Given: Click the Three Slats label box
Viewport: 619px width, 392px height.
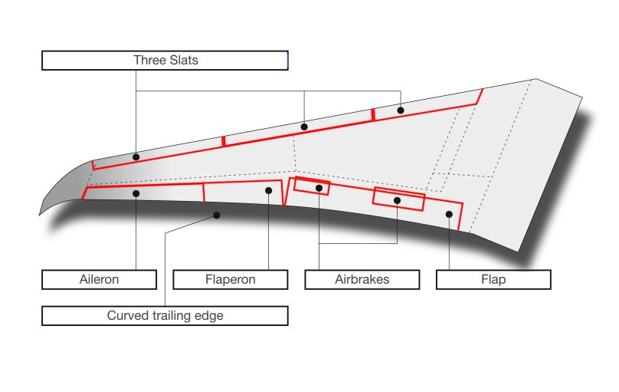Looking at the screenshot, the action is [x=165, y=61].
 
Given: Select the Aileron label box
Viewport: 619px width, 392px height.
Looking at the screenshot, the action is [x=99, y=280].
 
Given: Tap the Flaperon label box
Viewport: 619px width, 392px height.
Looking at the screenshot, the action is [x=231, y=280].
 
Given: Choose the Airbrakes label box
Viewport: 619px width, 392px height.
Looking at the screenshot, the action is [x=362, y=280].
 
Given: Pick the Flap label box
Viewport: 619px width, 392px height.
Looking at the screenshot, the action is [x=493, y=280].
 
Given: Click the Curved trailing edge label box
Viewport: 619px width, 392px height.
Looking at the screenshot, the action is [x=165, y=316].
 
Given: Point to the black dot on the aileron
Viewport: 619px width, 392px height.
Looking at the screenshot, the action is [x=136, y=193].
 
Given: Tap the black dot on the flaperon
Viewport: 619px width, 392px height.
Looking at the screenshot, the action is [x=269, y=191].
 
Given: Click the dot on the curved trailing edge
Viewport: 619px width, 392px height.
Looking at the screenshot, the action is [x=217, y=216].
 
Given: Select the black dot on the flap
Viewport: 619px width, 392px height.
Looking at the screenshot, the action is [x=449, y=214].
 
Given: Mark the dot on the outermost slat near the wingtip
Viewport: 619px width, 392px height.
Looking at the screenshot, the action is [x=136, y=157].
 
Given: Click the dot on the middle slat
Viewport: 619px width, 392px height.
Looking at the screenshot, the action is [x=304, y=127].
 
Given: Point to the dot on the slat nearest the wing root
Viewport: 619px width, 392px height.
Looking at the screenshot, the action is [x=401, y=110].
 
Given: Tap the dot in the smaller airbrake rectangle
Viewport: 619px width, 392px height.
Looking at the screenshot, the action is [x=319, y=188].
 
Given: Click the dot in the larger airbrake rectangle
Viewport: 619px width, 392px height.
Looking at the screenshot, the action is [x=398, y=201].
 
